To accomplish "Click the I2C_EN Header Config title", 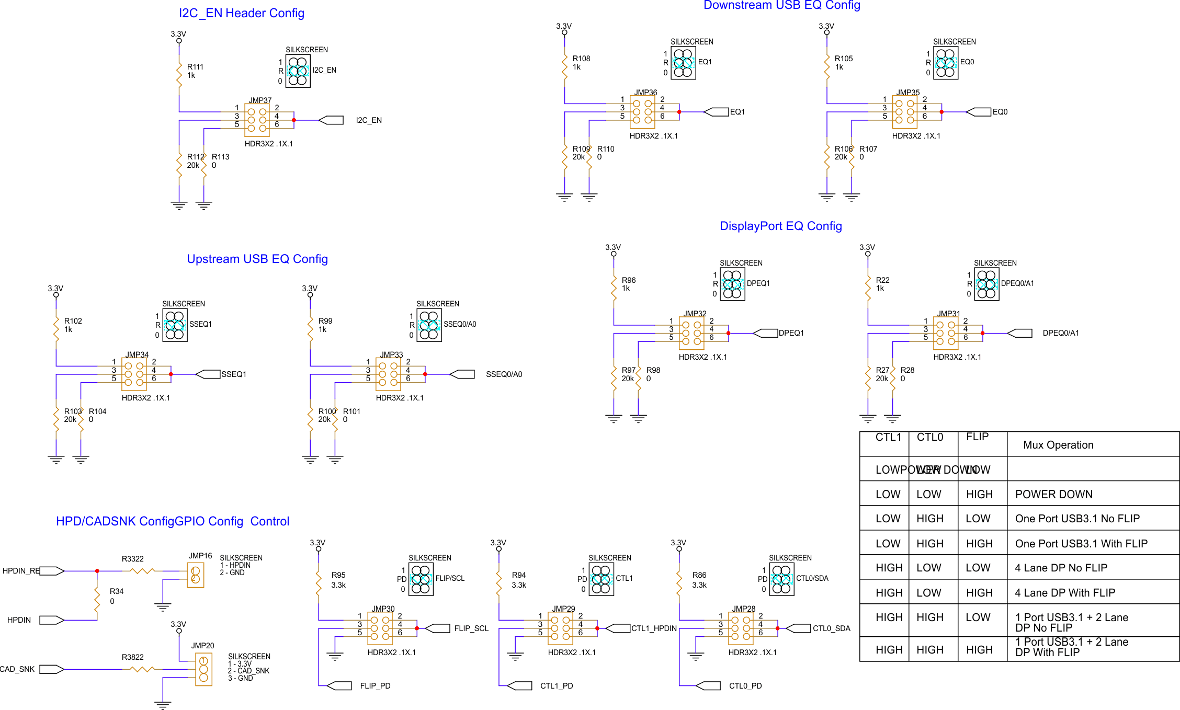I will pos(241,13).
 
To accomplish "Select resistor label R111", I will pos(195,67).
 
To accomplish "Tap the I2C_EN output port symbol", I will pos(331,120).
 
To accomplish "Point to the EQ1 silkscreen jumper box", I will pos(683,63).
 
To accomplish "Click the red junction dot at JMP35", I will pos(941,112).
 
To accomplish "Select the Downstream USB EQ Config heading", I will pos(781,5).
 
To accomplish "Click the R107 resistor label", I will pos(868,149).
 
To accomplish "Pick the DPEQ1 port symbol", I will pos(766,333).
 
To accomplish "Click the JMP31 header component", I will pos(946,333).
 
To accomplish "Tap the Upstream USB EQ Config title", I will pos(257,259).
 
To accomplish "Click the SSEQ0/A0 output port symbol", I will pos(462,374).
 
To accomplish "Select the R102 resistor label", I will pos(73,321).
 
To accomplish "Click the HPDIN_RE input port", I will pos(51,571).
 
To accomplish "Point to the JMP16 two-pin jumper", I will pos(196,575).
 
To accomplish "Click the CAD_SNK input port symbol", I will pos(51,669).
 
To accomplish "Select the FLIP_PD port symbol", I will pos(339,685).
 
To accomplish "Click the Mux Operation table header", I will pos(1058,445).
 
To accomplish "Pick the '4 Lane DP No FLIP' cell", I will pos(1061,568).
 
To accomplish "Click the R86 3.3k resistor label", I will pos(699,575).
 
